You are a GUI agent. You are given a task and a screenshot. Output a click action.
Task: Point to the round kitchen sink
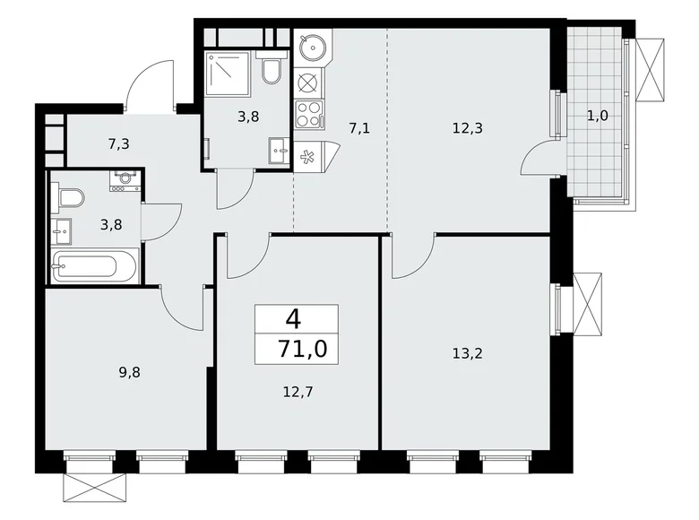(314, 46)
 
